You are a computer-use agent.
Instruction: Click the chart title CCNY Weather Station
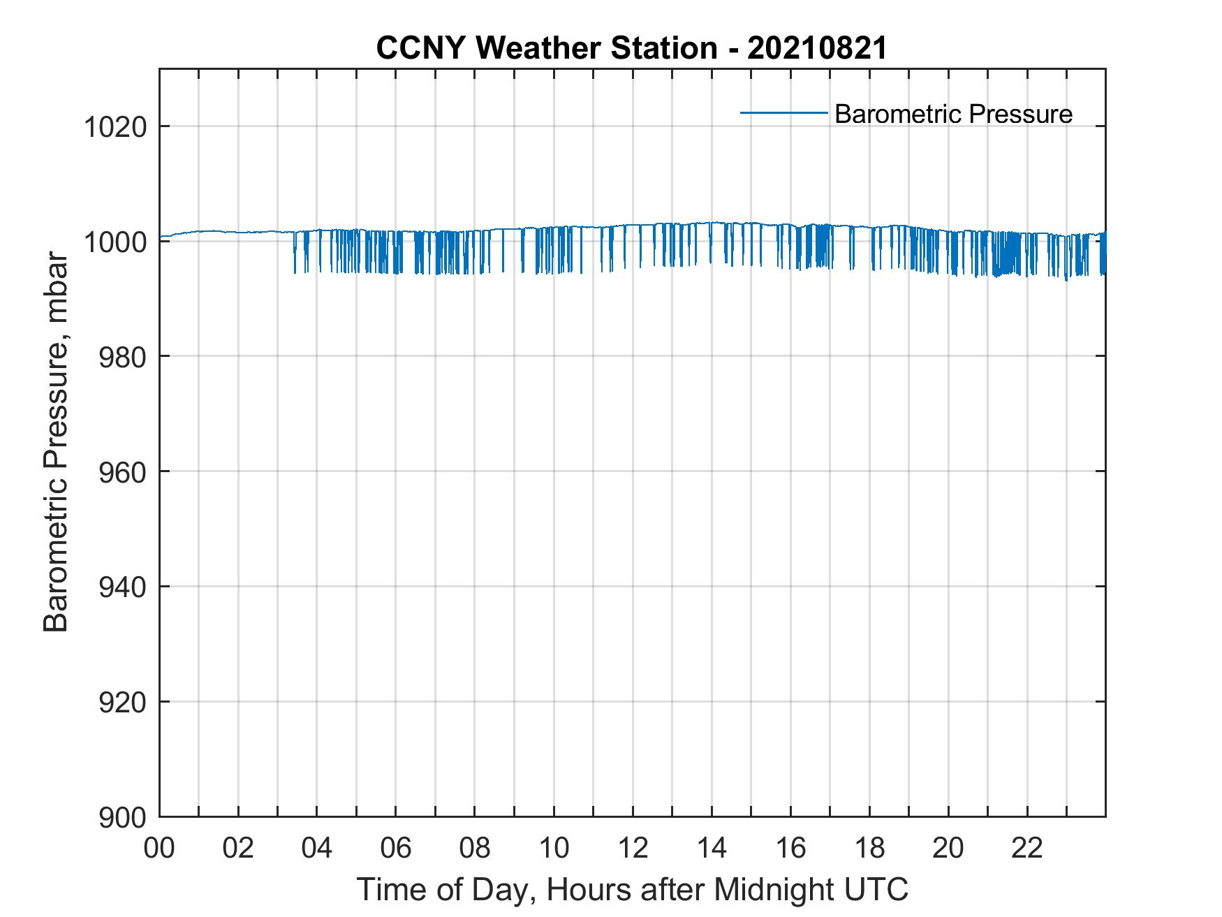[x=546, y=48]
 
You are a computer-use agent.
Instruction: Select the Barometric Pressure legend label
[x=953, y=114]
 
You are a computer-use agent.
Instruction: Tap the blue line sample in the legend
[x=784, y=112]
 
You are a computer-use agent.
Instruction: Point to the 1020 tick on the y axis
[x=115, y=127]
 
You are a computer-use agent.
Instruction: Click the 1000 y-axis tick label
[x=115, y=242]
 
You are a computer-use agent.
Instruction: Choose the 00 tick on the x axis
[x=159, y=849]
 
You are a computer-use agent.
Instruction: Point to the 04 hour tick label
[x=317, y=849]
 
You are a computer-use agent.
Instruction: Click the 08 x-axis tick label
[x=475, y=849]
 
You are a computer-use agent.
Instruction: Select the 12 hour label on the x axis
[x=633, y=849]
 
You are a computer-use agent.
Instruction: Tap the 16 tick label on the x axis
[x=790, y=849]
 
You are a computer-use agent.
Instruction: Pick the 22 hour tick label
[x=1027, y=849]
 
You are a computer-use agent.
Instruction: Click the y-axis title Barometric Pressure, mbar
[x=56, y=443]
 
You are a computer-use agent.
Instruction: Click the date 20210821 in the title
[x=817, y=48]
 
